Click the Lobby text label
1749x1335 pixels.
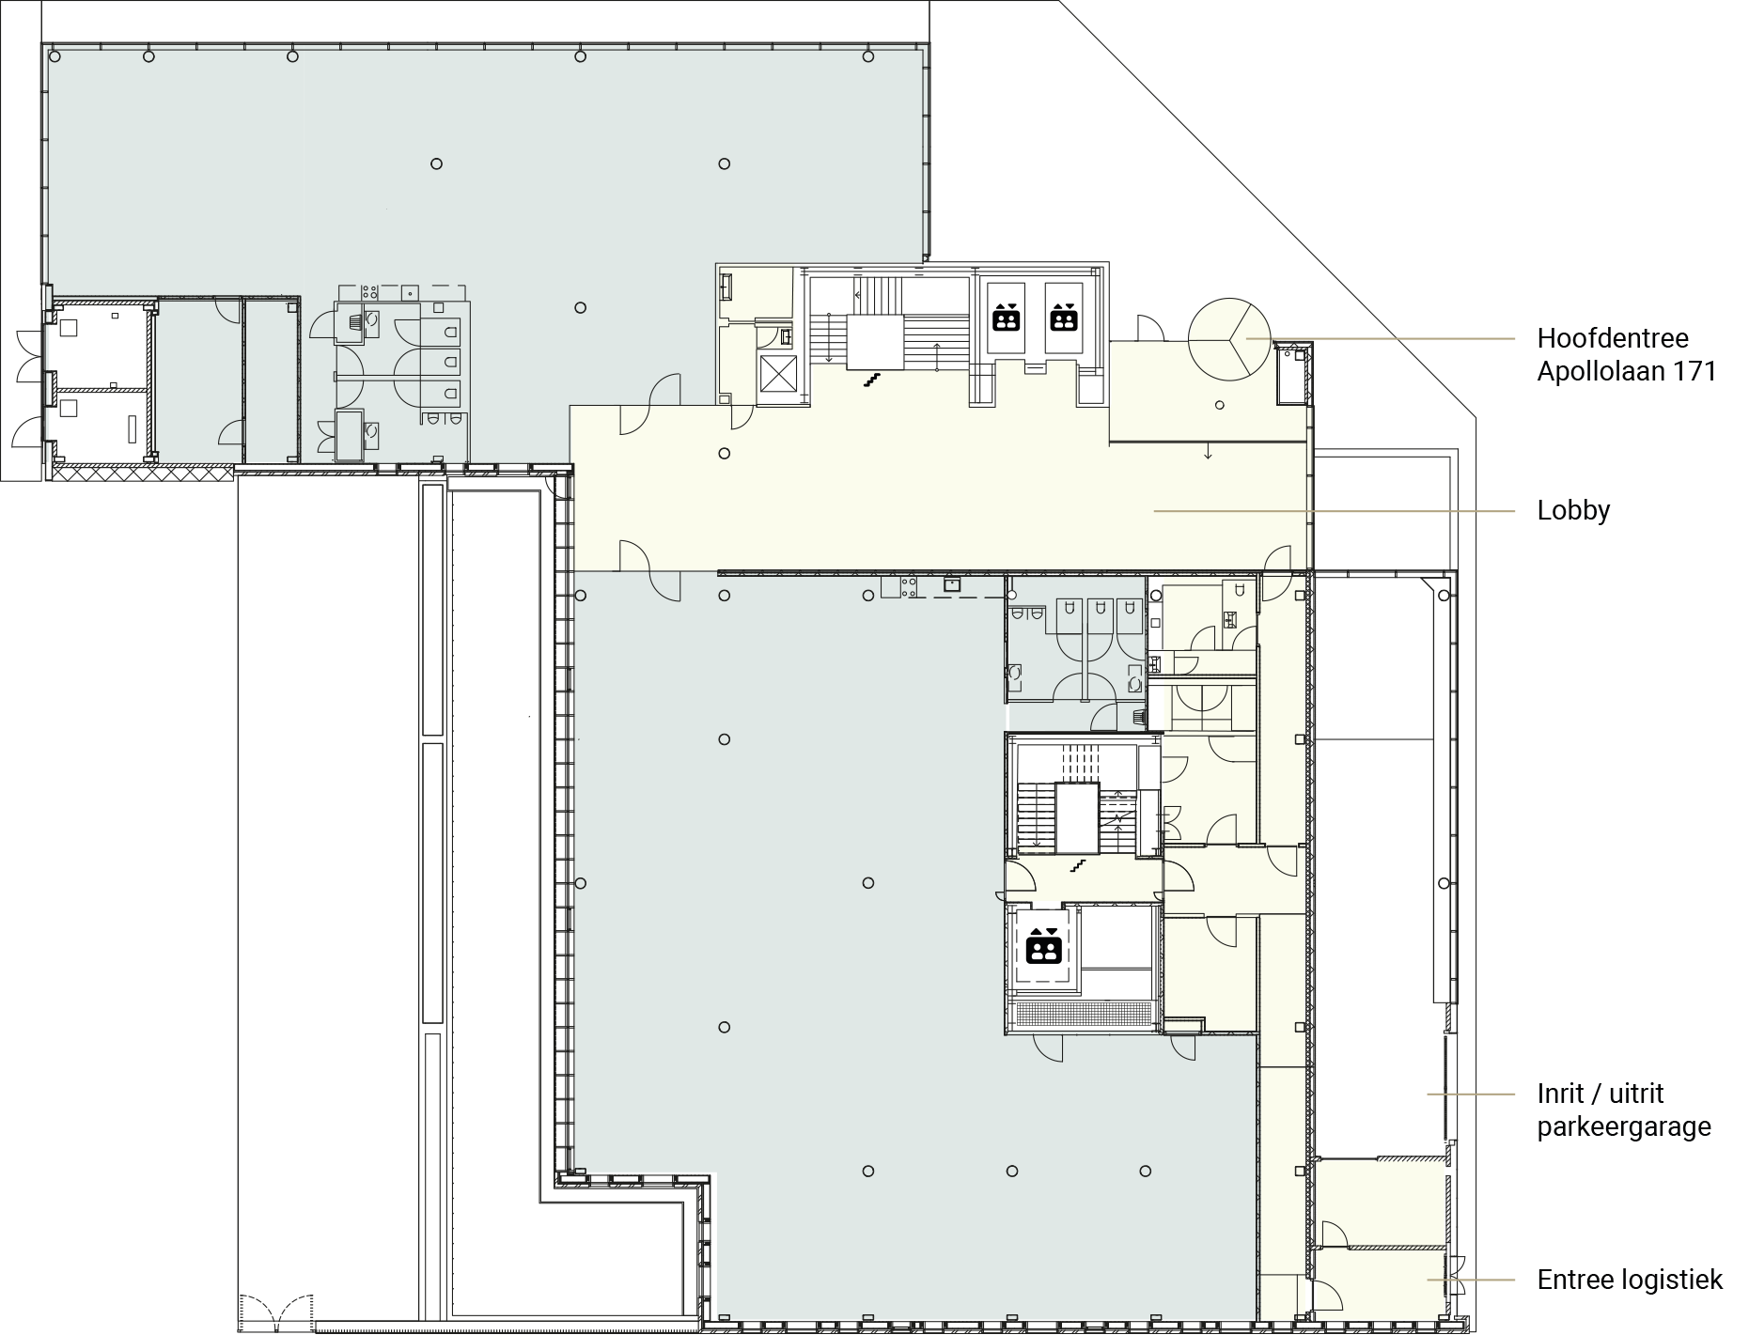coord(1573,511)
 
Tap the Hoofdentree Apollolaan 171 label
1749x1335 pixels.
coord(1627,355)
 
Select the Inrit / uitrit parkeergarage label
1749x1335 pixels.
coord(1624,1110)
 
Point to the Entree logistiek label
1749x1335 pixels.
coord(1630,1280)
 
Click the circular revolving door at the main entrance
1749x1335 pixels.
coord(1229,339)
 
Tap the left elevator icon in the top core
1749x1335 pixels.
coord(1007,318)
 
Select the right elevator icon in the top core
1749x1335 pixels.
coord(1063,318)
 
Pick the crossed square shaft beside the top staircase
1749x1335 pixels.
coord(777,374)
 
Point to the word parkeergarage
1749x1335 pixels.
coord(1624,1127)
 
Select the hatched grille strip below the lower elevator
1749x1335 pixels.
coord(1085,1015)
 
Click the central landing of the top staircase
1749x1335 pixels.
coord(875,343)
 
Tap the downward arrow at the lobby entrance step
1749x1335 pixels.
coord(1209,451)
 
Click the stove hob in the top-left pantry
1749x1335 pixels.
coord(369,292)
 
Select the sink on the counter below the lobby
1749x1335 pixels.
coord(952,585)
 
